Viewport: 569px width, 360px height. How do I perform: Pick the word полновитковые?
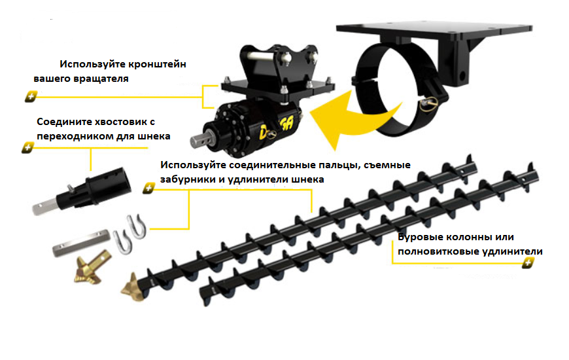coord(434,251)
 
